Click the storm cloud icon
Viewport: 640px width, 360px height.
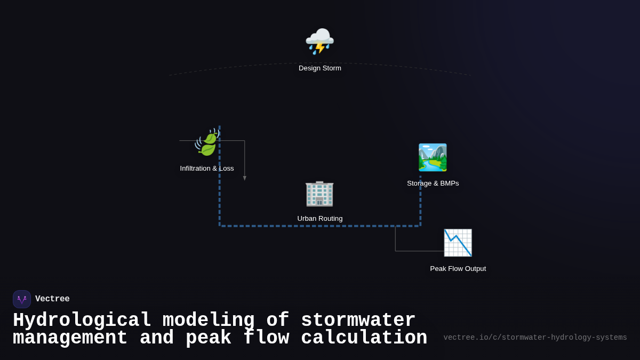tap(319, 41)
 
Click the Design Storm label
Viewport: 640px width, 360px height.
tap(320, 68)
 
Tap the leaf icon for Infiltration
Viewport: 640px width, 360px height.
tap(207, 142)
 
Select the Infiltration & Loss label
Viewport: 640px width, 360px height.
tap(207, 169)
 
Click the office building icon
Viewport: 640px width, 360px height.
tap(319, 193)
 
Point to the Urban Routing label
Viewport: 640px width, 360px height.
tap(320, 219)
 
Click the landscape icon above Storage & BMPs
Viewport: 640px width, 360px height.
tap(433, 157)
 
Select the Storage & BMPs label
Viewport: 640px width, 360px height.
tap(433, 183)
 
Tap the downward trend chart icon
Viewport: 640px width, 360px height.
tap(458, 243)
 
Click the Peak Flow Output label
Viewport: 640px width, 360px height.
tap(458, 269)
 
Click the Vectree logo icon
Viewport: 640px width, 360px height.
tap(22, 299)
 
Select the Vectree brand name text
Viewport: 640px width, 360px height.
tap(52, 299)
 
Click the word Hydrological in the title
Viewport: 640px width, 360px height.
tap(82, 321)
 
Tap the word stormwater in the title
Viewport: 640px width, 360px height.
tap(358, 321)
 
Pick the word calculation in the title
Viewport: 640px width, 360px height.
tap(364, 338)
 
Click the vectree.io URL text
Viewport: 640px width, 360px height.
tap(535, 338)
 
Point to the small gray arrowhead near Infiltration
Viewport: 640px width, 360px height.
tap(245, 178)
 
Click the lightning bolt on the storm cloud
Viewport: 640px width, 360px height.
tap(320, 48)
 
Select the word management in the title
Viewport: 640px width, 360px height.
tap(70, 338)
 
